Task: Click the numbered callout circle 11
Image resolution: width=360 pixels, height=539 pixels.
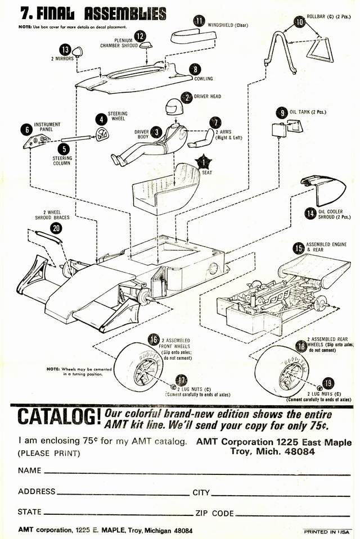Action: [199, 21]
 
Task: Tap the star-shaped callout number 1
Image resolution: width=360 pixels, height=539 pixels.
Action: [203, 162]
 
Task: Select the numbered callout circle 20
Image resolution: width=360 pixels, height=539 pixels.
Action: [56, 228]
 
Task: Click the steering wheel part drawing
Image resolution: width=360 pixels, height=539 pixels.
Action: [102, 133]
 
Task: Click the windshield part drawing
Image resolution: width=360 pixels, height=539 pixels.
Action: [193, 37]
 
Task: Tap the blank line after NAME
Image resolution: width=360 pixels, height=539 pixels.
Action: [197, 473]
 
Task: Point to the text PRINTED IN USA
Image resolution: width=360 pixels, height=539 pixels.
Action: [327, 531]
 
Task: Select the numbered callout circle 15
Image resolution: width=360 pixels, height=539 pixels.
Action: [299, 247]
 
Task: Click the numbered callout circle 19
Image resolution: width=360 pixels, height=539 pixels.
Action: [328, 384]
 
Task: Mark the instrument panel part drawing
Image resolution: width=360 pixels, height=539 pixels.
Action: [36, 141]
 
